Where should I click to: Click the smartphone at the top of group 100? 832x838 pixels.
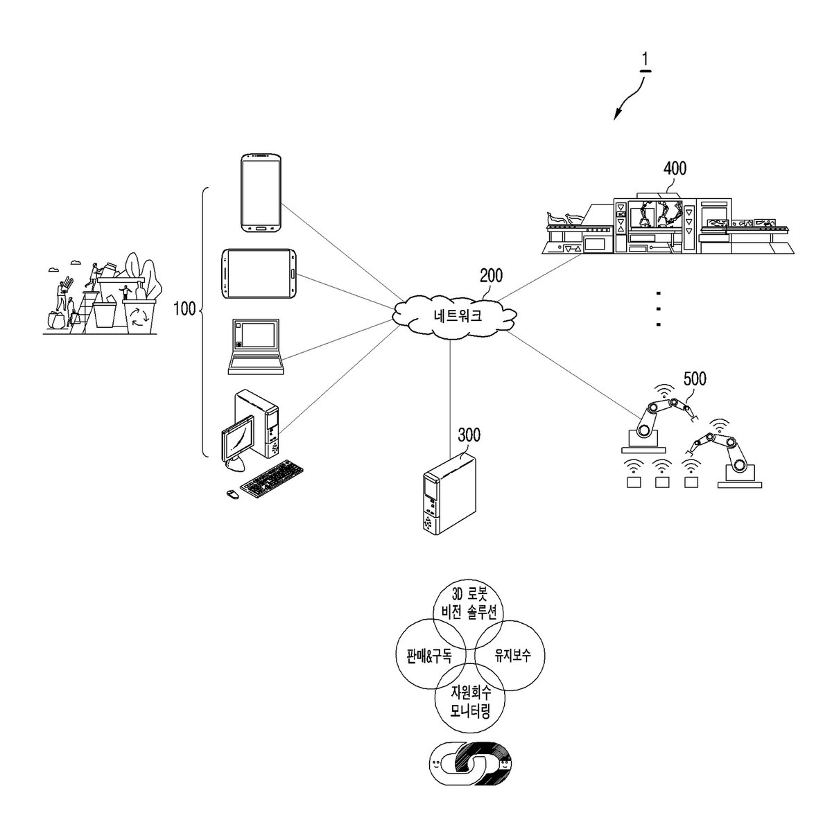(x=261, y=193)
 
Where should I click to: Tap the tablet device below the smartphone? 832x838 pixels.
(x=259, y=274)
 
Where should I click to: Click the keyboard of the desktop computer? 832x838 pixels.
(x=272, y=479)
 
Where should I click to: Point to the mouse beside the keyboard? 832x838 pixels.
(x=232, y=494)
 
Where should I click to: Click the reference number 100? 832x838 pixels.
(x=184, y=308)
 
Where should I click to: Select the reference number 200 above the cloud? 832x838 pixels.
(x=491, y=276)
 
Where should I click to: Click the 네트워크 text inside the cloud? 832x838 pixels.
(x=458, y=315)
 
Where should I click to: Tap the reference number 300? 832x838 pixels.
(x=469, y=435)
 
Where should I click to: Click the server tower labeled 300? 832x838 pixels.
(x=449, y=494)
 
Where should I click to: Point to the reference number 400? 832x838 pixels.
(x=675, y=168)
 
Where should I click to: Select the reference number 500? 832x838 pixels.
(x=695, y=378)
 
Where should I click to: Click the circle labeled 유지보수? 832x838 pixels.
(x=509, y=655)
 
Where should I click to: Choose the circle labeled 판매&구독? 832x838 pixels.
(x=431, y=655)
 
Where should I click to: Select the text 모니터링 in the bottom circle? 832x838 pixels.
(x=470, y=712)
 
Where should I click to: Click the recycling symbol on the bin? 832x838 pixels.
(x=139, y=317)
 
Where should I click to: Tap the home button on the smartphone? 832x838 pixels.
(x=261, y=228)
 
